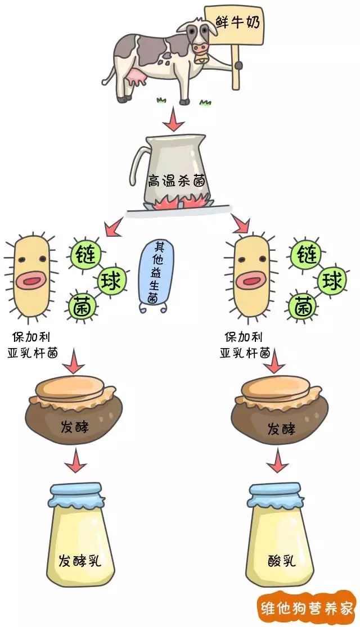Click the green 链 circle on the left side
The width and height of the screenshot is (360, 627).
[85, 254]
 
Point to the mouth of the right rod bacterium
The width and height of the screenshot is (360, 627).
[252, 279]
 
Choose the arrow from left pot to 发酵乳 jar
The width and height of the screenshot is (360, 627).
[74, 463]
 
